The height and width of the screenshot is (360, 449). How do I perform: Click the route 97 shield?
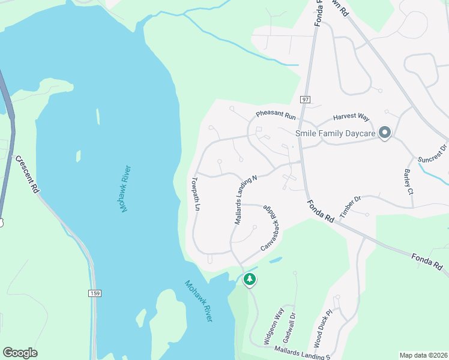[x=306, y=99]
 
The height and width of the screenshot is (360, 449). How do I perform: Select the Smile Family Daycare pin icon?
[x=385, y=133]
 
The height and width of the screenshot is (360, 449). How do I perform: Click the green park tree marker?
[x=250, y=280]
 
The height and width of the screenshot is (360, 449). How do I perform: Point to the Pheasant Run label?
[x=276, y=114]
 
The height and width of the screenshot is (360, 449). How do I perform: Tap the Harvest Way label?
[x=351, y=118]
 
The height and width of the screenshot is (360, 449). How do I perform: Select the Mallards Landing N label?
[x=246, y=200]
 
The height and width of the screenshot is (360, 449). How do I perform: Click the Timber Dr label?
[x=350, y=206]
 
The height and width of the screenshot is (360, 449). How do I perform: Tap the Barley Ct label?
[x=409, y=182]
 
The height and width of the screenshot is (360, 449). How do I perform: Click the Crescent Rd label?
[x=28, y=174]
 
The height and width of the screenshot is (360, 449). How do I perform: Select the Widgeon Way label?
[x=274, y=326]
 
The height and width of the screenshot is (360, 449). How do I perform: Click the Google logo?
[x=20, y=353]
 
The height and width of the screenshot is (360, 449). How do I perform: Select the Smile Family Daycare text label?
[x=335, y=133]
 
